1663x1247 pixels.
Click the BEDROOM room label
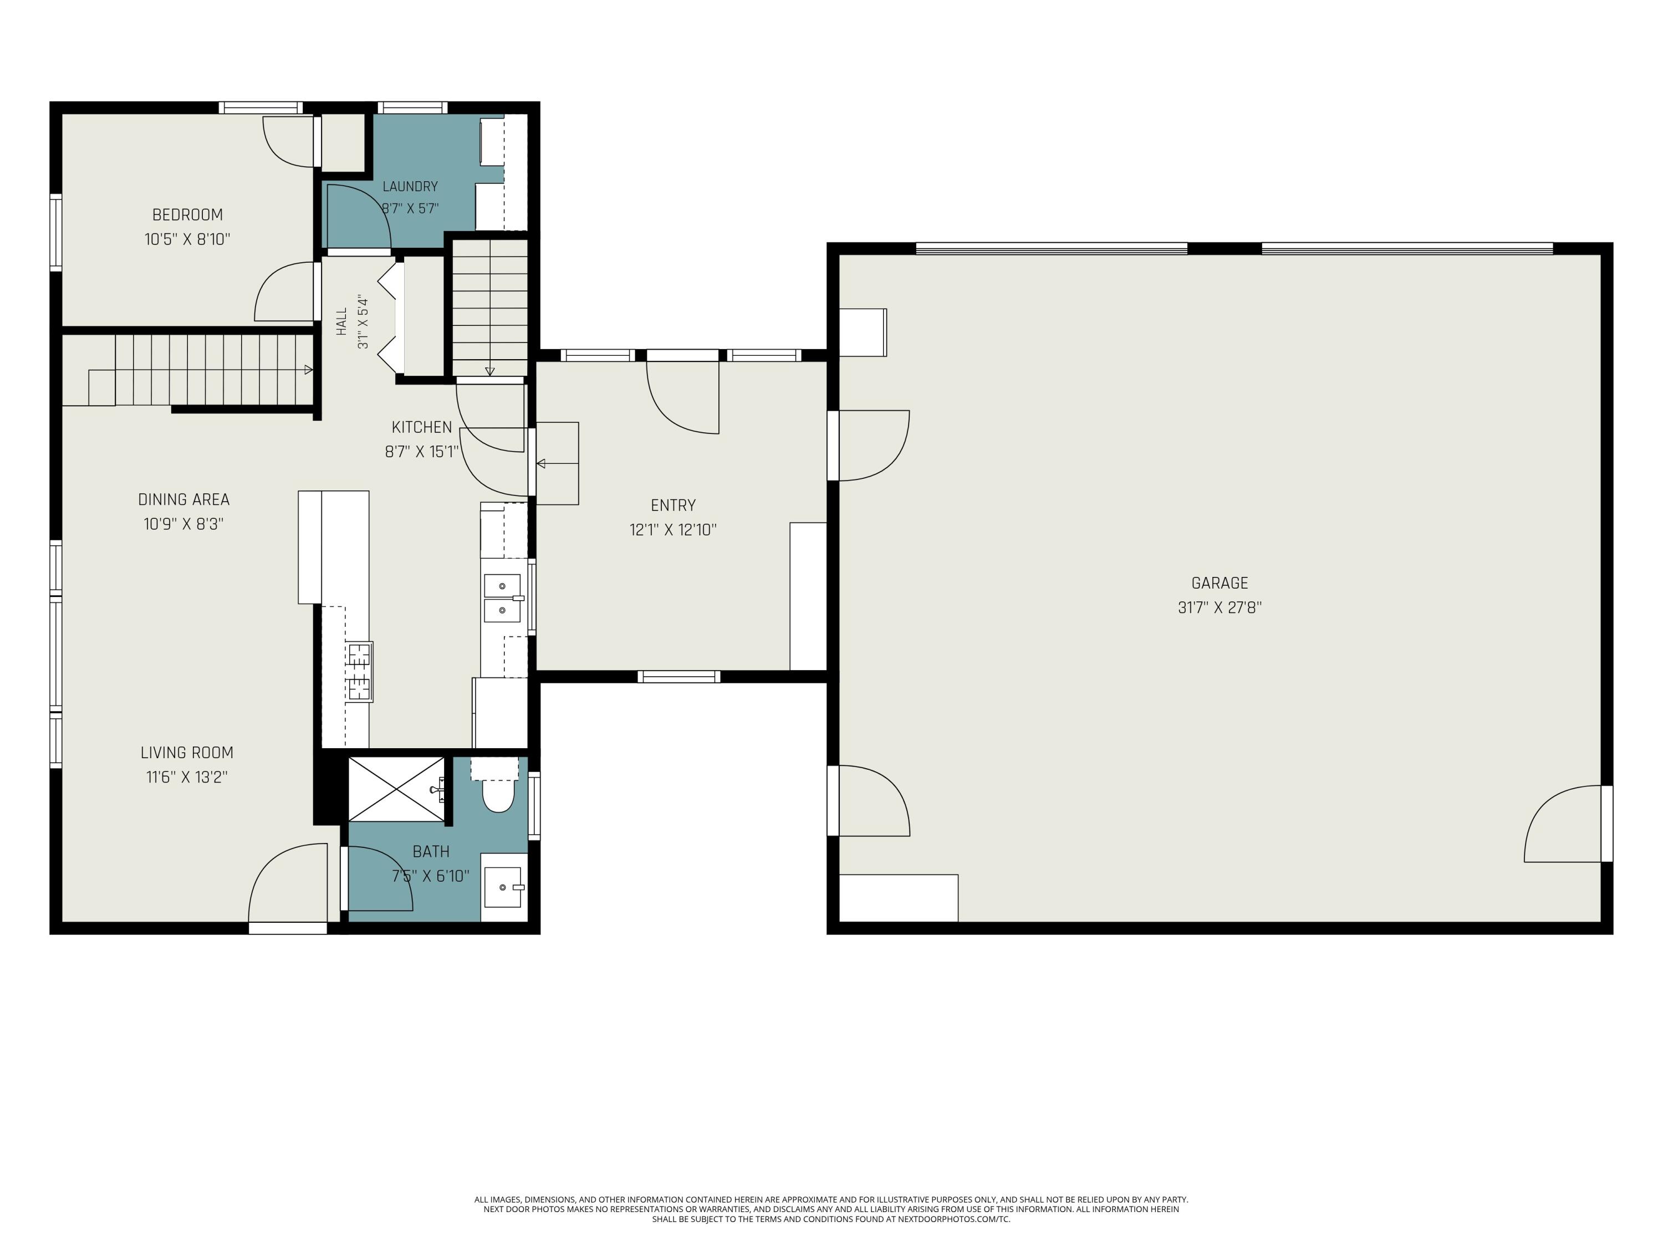click(x=187, y=215)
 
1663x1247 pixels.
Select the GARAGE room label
click(x=1220, y=583)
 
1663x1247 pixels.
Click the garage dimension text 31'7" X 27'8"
click(x=1220, y=607)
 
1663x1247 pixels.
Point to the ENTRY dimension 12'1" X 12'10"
click(x=673, y=530)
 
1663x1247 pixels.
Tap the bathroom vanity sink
click(x=503, y=887)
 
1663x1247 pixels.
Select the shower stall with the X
click(x=397, y=789)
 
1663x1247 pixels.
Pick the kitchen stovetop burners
click(x=359, y=671)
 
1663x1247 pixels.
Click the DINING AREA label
click(x=183, y=500)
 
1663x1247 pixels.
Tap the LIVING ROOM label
click(x=187, y=753)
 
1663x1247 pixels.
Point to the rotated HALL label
click(x=342, y=321)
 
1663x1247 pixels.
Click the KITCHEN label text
click(x=422, y=427)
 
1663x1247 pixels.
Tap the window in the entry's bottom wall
click(x=679, y=677)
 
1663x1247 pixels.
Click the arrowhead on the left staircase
click(x=308, y=370)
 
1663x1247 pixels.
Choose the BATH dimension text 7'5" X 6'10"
click(x=431, y=876)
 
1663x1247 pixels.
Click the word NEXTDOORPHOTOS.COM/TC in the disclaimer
click(x=954, y=1219)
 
